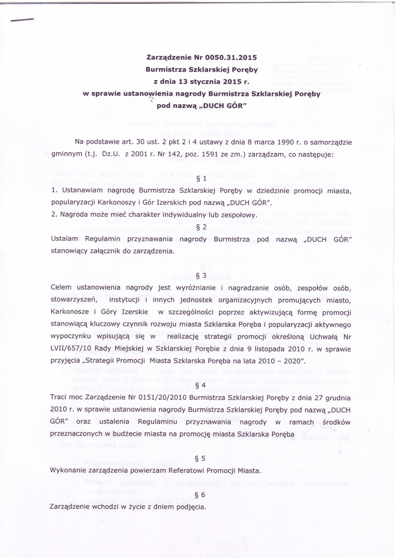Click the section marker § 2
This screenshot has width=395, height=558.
(200, 227)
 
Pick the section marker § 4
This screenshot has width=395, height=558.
(200, 385)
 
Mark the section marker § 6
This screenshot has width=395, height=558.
(200, 495)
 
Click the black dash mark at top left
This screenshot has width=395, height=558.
(22, 20)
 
